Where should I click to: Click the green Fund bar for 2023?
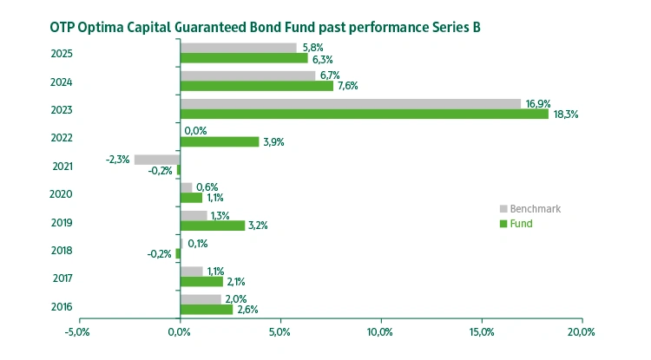(x=364, y=114)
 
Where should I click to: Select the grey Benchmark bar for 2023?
(x=350, y=104)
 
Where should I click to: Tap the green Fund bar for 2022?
(x=219, y=141)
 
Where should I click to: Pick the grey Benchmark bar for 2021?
(x=157, y=160)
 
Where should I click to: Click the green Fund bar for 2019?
(x=212, y=226)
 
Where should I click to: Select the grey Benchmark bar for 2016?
(x=200, y=299)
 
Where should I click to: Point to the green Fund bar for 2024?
(x=256, y=86)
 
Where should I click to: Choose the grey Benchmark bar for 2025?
(x=238, y=48)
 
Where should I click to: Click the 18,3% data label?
(x=565, y=114)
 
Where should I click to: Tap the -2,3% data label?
(x=117, y=160)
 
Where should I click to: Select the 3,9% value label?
(x=273, y=141)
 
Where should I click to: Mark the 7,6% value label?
(x=347, y=86)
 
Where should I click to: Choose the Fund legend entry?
(x=521, y=224)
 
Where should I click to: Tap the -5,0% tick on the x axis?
(x=77, y=331)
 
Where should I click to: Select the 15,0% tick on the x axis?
(x=481, y=331)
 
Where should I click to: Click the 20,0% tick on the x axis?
(x=581, y=331)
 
